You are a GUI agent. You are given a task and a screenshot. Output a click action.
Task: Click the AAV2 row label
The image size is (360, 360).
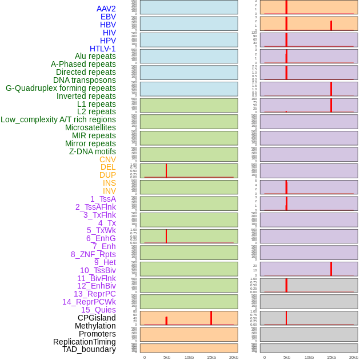pyautogui.click(x=106, y=9)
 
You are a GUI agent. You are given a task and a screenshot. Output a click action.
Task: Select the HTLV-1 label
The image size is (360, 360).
pyautogui.click(x=102, y=49)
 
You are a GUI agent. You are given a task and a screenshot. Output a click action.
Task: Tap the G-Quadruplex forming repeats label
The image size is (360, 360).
pyautogui.click(x=61, y=88)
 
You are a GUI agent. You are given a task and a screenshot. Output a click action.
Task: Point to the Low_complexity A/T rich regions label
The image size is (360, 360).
pyautogui.click(x=58, y=119)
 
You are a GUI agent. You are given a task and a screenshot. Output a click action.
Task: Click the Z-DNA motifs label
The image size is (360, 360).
pyautogui.click(x=92, y=151)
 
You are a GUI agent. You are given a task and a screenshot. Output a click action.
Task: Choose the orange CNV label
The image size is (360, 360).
pyautogui.click(x=107, y=159)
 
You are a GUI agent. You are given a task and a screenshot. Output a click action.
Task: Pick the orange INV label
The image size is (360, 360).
pyautogui.click(x=109, y=191)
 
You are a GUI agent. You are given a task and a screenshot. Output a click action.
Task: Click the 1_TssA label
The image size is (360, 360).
pyautogui.click(x=103, y=199)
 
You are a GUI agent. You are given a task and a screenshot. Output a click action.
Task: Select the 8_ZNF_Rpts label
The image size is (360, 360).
pyautogui.click(x=93, y=254)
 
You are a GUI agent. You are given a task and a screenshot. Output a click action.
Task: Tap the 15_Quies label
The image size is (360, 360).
pyautogui.click(x=98, y=310)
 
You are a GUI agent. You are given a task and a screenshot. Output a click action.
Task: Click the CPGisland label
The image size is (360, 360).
pyautogui.click(x=97, y=318)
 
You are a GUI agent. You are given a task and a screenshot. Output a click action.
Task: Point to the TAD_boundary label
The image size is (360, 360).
pyautogui.click(x=89, y=349)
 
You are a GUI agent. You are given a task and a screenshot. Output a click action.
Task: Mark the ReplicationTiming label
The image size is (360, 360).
pyautogui.click(x=85, y=342)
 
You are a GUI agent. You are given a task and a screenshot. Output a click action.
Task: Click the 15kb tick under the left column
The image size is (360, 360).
pyautogui.click(x=211, y=357)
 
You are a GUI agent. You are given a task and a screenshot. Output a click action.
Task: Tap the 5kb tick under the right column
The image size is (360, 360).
pyautogui.click(x=286, y=357)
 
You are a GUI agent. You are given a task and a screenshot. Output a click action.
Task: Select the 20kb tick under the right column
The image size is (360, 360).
pyautogui.click(x=353, y=357)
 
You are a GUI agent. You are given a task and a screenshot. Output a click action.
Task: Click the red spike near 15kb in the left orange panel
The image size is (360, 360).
pyautogui.click(x=211, y=318)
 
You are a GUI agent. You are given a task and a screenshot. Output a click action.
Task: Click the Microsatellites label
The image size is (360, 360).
pyautogui.click(x=90, y=127)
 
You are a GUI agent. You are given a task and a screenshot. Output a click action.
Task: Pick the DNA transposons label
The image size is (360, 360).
pyautogui.click(x=85, y=80)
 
